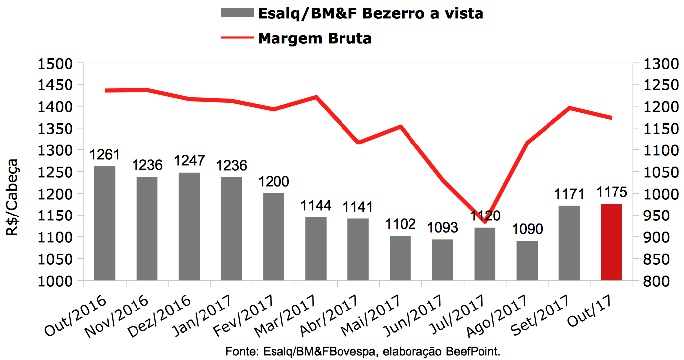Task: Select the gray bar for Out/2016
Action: pos(104,223)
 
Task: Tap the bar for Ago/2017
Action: pos(527,260)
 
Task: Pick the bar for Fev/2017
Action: pos(274,236)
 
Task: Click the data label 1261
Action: pos(104,155)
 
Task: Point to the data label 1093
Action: pos(442,228)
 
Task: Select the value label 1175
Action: pos(612,192)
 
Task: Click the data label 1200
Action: pos(274,181)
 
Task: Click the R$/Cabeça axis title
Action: pos(13,197)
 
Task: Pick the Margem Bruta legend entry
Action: pos(314,38)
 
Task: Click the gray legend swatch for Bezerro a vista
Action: pos(236,13)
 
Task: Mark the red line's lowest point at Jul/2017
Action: pos(484,222)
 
